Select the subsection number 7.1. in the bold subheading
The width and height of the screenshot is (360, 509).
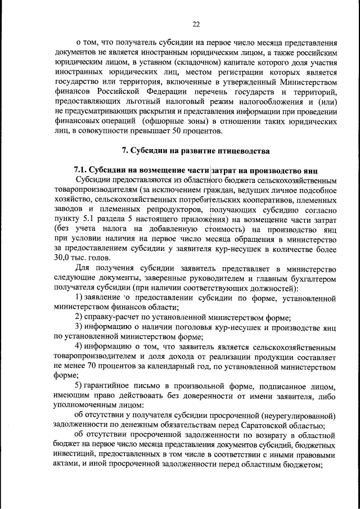tap(82, 170)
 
